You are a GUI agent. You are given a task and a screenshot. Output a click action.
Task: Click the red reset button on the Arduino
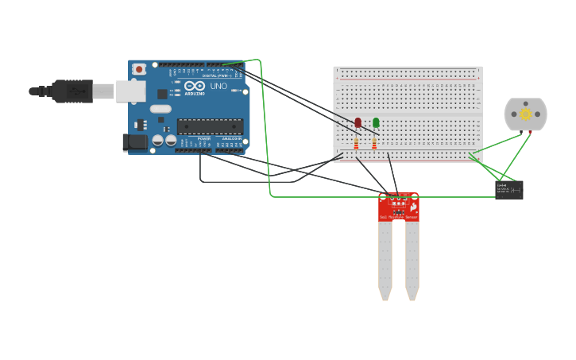(x=139, y=69)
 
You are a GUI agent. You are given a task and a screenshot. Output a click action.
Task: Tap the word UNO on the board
(x=218, y=86)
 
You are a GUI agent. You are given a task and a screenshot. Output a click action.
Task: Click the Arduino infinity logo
(x=195, y=86)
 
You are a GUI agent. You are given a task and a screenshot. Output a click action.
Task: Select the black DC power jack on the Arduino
(x=136, y=142)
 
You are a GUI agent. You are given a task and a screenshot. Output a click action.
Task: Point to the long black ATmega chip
(x=210, y=126)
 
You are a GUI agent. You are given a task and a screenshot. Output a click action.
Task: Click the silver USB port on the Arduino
(x=130, y=91)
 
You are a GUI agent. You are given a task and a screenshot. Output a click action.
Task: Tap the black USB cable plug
(x=72, y=91)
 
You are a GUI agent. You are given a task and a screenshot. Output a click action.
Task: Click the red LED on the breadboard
(x=358, y=122)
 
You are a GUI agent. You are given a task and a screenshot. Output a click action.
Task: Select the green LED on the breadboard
(x=376, y=122)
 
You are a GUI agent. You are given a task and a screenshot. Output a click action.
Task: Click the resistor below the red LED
(x=356, y=144)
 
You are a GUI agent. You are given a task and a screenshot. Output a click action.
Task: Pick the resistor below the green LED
(x=374, y=144)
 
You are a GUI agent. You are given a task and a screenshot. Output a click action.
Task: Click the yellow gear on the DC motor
(x=526, y=114)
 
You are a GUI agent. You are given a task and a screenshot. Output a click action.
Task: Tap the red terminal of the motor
(x=530, y=132)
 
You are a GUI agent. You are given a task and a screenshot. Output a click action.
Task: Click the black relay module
(x=508, y=189)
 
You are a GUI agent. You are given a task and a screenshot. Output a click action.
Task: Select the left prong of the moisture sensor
(x=385, y=258)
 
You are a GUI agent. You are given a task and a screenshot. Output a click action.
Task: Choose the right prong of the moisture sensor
(x=412, y=258)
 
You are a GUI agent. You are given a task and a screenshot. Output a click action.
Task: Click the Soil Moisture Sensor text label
(x=398, y=216)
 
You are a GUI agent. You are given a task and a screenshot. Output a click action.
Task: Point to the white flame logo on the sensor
(x=413, y=206)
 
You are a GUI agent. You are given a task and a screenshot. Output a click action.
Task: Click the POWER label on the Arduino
(x=204, y=138)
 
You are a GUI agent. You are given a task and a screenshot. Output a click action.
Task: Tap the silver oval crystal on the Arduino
(x=160, y=108)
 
